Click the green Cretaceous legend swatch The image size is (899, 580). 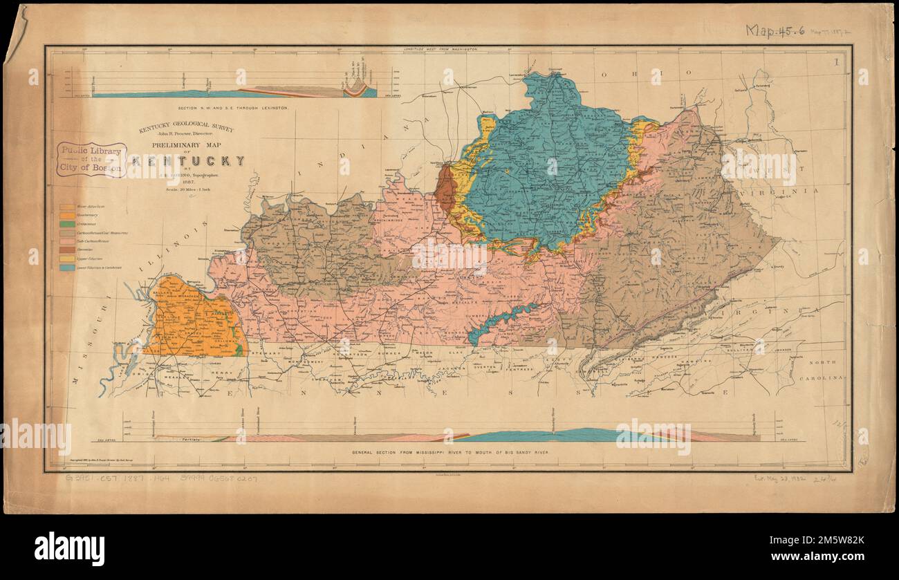click(x=67, y=225)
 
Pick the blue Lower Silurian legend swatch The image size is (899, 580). click(x=67, y=267)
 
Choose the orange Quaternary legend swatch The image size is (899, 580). click(x=67, y=216)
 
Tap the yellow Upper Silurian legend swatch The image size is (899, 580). click(x=67, y=257)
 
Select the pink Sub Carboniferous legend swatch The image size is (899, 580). click(x=67, y=241)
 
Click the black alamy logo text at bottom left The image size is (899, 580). click(x=69, y=548)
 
